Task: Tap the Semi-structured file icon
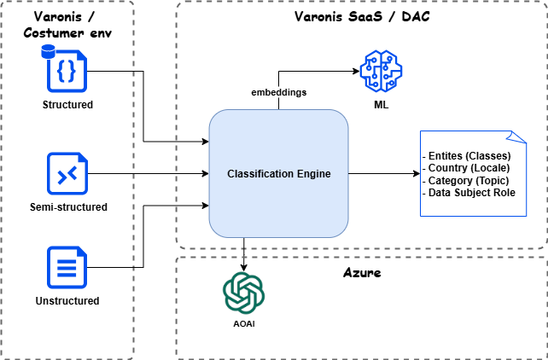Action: click(67, 175)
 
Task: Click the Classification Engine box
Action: click(278, 174)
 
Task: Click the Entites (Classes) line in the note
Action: click(468, 156)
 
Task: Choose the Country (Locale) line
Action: click(467, 168)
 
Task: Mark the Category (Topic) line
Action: click(467, 180)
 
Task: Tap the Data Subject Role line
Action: click(470, 193)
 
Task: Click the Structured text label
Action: click(67, 105)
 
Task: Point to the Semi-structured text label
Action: click(67, 207)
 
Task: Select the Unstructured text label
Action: click(67, 301)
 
